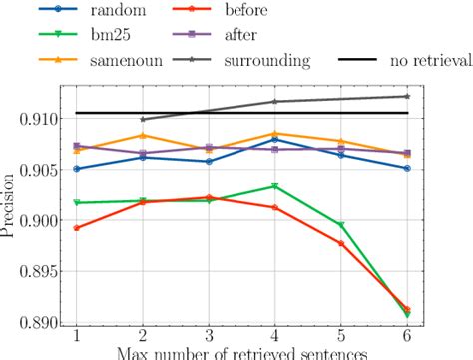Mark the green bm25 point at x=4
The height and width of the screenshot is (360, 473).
point(274,186)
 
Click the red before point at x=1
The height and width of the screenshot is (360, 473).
point(77,228)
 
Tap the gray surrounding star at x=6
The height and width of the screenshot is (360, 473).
point(406,96)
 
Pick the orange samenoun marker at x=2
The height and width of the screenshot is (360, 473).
point(143,135)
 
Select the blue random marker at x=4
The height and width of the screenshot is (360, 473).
point(274,140)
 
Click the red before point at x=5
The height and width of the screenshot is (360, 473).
point(340,243)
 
